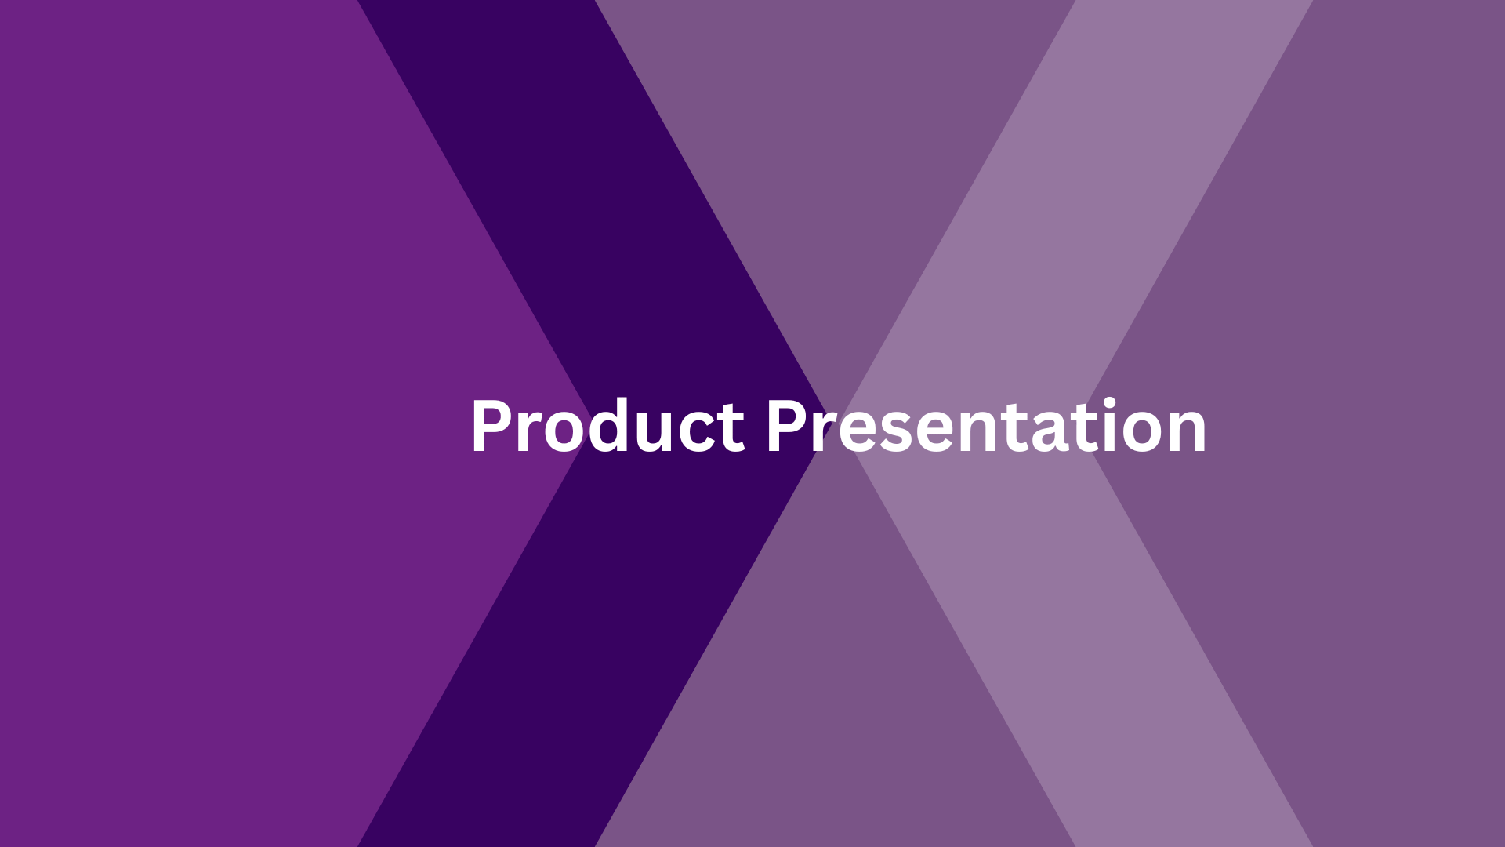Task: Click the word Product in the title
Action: (607, 427)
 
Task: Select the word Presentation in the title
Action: (985, 427)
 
